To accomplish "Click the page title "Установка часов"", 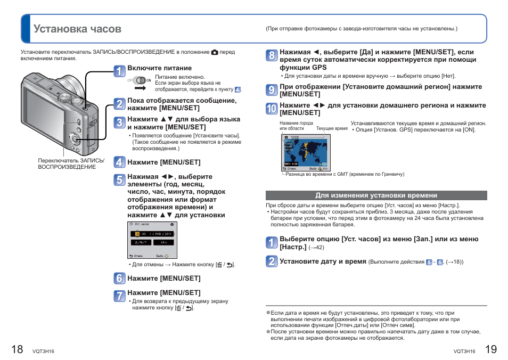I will (x=77, y=29).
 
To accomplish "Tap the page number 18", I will (x=17, y=349).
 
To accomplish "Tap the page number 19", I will (x=491, y=349).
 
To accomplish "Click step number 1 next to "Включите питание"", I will (x=120, y=71).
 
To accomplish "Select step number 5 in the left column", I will (x=120, y=179).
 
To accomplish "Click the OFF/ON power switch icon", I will (x=140, y=80).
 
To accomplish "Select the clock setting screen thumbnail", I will (x=152, y=240).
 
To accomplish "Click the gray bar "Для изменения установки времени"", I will (x=376, y=195).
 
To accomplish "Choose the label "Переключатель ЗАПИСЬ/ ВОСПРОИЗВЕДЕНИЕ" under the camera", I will (x=71, y=163).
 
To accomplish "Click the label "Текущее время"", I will (x=332, y=129).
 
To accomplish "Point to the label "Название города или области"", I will (x=296, y=126).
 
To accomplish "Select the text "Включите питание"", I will (x=159, y=68).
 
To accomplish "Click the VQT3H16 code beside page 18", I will (x=43, y=351).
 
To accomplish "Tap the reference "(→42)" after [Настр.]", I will (x=316, y=248).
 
